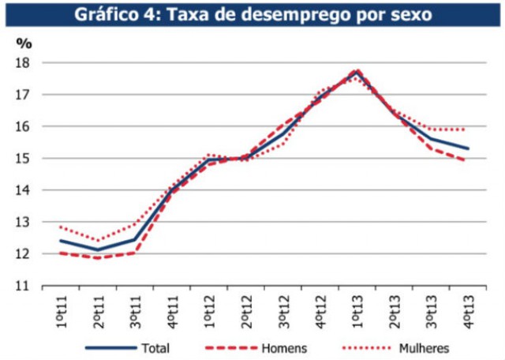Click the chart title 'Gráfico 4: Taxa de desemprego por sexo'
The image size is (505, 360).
tap(252, 14)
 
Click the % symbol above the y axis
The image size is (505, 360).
tap(23, 42)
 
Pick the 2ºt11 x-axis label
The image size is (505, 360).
tap(97, 309)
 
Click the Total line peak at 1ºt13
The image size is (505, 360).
tap(357, 71)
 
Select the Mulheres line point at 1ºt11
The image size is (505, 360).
tap(60, 227)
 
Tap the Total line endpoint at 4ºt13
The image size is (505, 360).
tap(467, 148)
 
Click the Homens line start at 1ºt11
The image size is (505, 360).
tap(60, 253)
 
